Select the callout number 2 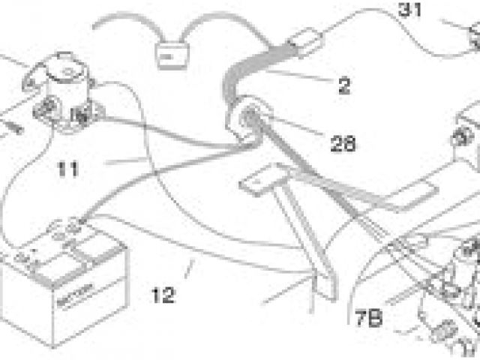[343, 85]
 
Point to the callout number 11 [68, 169]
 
